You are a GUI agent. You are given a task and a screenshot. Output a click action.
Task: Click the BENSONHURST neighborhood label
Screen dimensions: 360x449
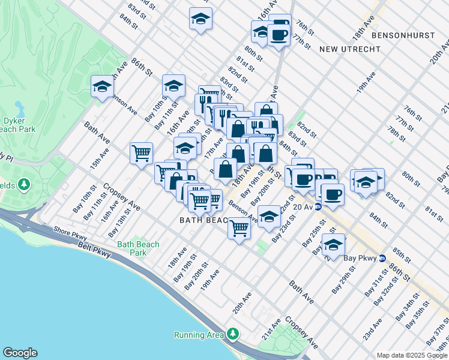pos(403,35)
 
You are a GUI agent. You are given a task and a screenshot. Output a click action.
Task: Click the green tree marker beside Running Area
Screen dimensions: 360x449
pos(232,334)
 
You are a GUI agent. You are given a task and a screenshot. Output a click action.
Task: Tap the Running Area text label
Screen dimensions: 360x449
pos(198,335)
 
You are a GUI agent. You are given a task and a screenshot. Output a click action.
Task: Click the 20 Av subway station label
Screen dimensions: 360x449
pos(305,206)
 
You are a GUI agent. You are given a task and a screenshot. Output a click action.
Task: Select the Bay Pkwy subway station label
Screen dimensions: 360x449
pos(360,259)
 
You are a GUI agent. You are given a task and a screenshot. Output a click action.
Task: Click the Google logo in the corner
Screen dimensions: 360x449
pos(20,353)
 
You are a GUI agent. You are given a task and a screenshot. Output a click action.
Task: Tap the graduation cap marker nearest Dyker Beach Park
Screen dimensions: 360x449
pos(103,87)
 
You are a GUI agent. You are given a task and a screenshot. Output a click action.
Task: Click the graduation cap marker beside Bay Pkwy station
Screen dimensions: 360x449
pos(333,245)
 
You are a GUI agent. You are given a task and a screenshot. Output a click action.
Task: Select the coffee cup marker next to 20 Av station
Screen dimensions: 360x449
pos(332,194)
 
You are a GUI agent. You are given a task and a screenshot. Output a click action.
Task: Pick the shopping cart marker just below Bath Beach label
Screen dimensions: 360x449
pos(240,228)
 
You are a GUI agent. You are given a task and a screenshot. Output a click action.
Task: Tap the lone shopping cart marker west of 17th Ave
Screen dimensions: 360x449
pos(142,153)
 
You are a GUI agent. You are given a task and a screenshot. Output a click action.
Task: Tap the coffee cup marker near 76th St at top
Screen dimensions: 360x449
pos(279,35)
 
